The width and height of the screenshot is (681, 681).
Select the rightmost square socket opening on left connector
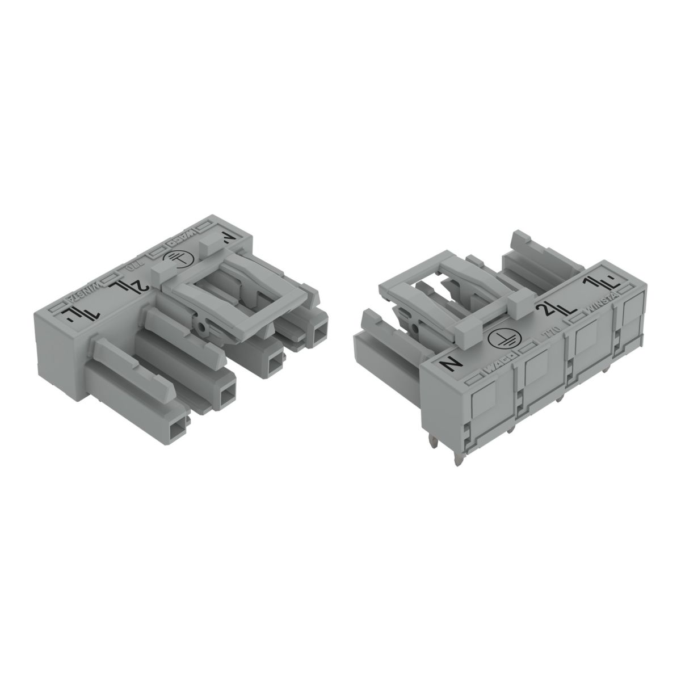pos(321,330)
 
